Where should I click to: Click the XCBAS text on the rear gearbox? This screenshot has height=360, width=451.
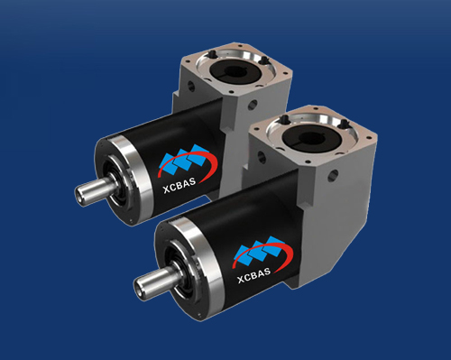coord(179,185)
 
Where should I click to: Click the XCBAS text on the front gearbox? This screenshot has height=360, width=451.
coord(254,275)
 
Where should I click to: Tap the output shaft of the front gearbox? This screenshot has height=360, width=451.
coord(155,280)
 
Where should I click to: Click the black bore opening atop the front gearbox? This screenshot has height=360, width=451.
coord(312,138)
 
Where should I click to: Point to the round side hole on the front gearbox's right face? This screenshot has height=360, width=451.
coord(333,175)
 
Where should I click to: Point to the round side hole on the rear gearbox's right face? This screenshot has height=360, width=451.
coord(252,106)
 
